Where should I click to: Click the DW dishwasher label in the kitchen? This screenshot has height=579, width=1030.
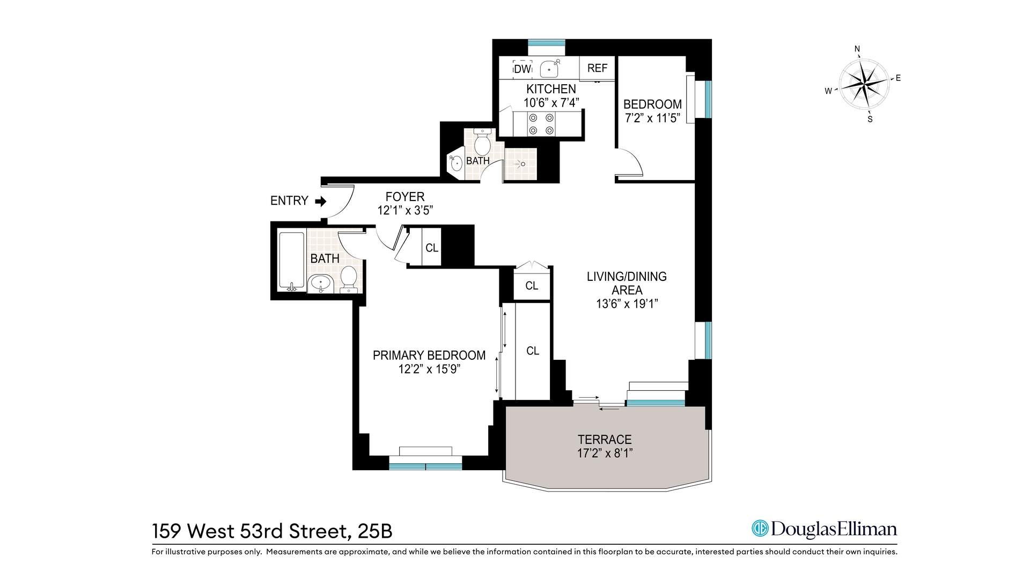522,69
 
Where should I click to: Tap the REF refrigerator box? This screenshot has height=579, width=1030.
597,68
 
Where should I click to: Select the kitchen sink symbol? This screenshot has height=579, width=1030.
550,69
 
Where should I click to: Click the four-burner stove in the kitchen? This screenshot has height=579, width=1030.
541,124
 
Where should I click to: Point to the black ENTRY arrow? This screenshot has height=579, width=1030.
321,202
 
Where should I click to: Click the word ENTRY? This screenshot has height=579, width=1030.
289,201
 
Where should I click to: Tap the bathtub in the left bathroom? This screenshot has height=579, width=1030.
291,261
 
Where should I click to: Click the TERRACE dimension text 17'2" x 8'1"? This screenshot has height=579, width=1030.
605,454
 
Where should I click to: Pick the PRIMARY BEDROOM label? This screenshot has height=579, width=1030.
429,355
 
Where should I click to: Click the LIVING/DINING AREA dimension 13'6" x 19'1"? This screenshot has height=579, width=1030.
627,304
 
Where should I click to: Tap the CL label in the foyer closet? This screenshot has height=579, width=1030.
431,248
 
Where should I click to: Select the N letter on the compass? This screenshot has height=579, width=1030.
857,49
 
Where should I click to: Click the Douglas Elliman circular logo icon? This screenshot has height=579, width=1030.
760,529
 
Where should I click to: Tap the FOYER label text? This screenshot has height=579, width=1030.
405,197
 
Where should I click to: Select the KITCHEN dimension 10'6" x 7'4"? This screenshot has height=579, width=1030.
551,102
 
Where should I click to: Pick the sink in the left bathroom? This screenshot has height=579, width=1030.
321,283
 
